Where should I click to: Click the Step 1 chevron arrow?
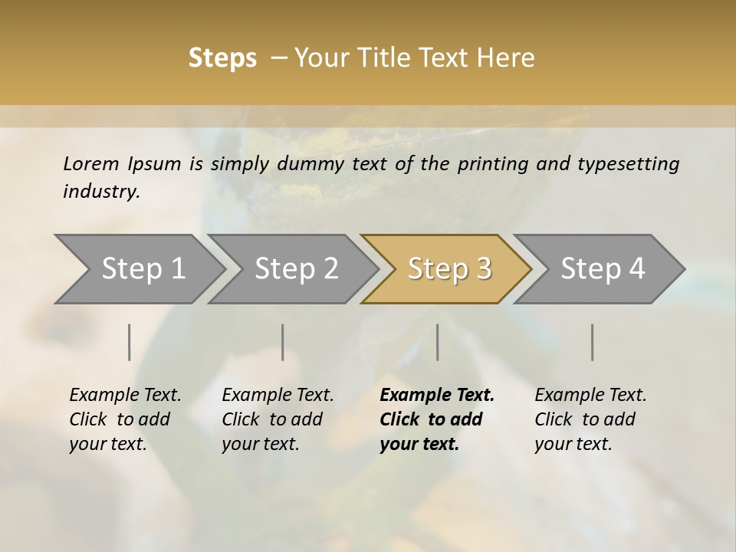point(143,269)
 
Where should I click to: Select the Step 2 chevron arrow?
point(296,269)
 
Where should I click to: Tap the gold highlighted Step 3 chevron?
point(449,269)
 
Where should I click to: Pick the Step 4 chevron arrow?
point(603,269)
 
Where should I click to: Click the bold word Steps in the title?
point(222,58)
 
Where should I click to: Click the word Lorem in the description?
point(90,164)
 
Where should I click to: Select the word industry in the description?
point(101,192)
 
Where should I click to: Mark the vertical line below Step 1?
point(130,342)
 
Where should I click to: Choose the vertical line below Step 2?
point(283,342)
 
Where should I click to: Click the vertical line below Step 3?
point(438,342)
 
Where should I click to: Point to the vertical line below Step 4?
point(593,342)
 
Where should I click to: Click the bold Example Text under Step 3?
point(437,396)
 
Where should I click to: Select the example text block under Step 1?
point(125,419)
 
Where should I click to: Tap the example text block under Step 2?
point(278,419)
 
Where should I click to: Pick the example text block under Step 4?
point(590,419)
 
